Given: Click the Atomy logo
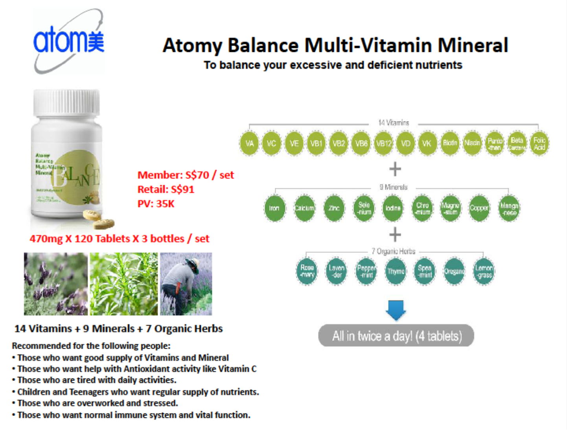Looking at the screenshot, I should tap(69, 41).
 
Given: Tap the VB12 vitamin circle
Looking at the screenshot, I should tap(383, 143).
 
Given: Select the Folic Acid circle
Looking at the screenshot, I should tap(539, 143).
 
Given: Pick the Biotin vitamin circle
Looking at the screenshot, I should tap(450, 143).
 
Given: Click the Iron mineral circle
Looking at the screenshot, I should tap(274, 208).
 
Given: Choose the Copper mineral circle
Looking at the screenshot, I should tap(479, 208).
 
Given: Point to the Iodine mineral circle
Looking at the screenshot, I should tap(393, 208).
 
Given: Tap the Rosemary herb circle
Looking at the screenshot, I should tap(307, 271).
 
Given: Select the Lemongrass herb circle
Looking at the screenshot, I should tap(484, 271).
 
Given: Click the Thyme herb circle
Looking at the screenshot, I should tap(396, 271).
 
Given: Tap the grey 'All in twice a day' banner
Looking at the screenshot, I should tap(396, 336).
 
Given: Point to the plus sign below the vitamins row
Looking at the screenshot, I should tap(395, 169).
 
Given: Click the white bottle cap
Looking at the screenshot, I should tap(66, 103).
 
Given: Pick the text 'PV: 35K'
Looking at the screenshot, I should tap(156, 204).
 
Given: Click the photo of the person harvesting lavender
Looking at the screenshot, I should tap(186, 284).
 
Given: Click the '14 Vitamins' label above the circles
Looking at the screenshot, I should tap(394, 123).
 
